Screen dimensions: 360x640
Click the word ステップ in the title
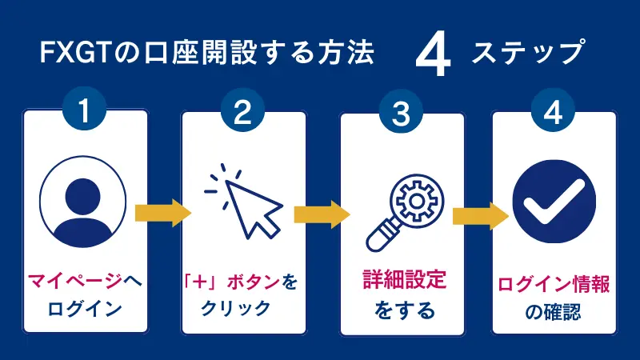point(527,55)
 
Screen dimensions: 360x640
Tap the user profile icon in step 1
point(85,201)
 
